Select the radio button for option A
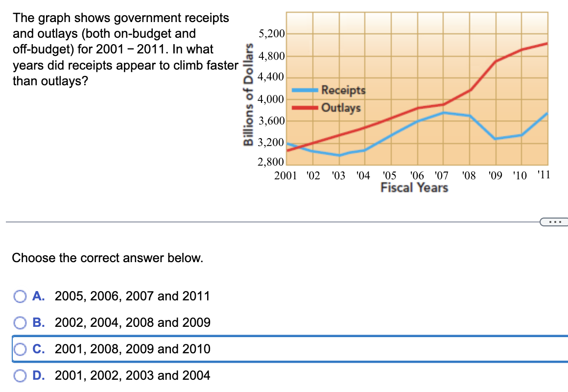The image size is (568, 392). click(20, 296)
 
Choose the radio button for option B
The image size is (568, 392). click(20, 323)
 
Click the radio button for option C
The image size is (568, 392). click(20, 349)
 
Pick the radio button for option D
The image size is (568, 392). click(20, 376)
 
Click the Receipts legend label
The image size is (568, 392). click(343, 90)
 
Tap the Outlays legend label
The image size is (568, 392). click(341, 107)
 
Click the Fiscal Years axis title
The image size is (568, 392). click(414, 188)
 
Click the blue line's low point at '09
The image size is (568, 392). click(495, 139)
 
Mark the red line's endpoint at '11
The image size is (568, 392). click(547, 43)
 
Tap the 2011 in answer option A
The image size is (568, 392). click(196, 296)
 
